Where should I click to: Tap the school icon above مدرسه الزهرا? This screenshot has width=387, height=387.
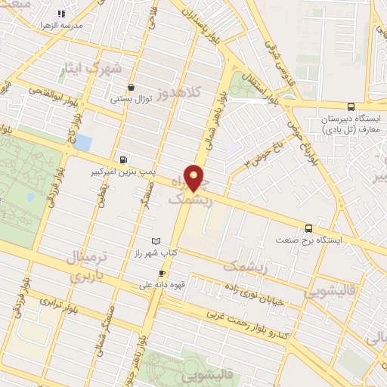pyautogui.click(x=62, y=14)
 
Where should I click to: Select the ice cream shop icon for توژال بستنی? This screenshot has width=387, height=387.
pyautogui.click(x=132, y=87)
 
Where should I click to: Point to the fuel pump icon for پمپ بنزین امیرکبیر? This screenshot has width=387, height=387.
pyautogui.click(x=122, y=159)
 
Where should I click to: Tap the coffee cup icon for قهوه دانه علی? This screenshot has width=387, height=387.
pyautogui.click(x=161, y=273)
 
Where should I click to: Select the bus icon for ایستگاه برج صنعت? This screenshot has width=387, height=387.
pyautogui.click(x=308, y=228)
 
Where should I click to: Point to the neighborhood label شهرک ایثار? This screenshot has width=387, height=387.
pyautogui.click(x=89, y=69)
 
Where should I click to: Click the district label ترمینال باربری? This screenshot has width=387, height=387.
pyautogui.click(x=88, y=267)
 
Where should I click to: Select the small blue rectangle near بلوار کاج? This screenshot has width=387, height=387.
pyautogui.click(x=83, y=143)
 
